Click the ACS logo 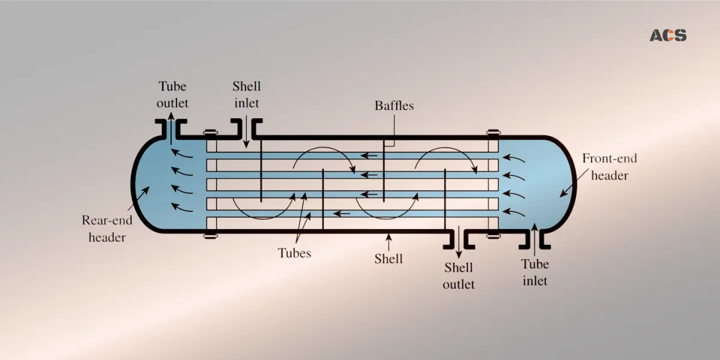click(668, 35)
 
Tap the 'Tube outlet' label click(172, 95)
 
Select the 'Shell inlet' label click(246, 95)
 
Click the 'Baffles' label click(394, 106)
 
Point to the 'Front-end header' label click(610, 167)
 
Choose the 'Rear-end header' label click(107, 229)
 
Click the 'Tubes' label click(294, 253)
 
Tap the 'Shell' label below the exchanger click(388, 259)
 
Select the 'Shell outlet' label click(458, 275)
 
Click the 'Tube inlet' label click(534, 272)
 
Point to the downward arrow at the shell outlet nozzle click(459, 241)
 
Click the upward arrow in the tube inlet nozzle click(535, 237)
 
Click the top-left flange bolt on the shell click(210, 133)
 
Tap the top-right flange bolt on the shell click(493, 133)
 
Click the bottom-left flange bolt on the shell click(210, 236)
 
